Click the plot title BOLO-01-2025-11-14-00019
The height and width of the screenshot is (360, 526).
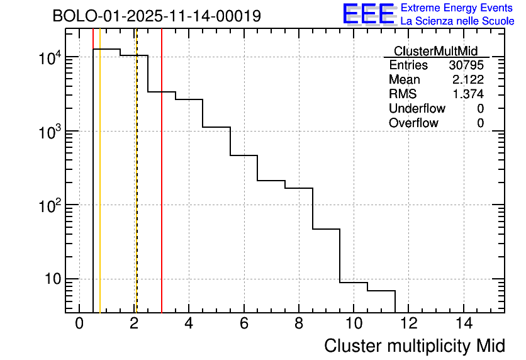pyautogui.click(x=157, y=16)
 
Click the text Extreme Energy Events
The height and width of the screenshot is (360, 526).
pyautogui.click(x=457, y=8)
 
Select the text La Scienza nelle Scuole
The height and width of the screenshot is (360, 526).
pyautogui.click(x=457, y=21)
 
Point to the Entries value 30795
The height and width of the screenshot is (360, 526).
pyautogui.click(x=466, y=65)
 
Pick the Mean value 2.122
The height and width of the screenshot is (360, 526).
pyautogui.click(x=468, y=80)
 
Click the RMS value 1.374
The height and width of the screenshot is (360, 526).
pyautogui.click(x=468, y=94)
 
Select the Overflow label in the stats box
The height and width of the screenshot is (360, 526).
pyautogui.click(x=413, y=123)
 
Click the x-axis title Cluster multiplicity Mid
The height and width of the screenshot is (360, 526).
pyautogui.click(x=415, y=346)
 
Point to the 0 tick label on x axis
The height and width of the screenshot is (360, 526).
pyautogui.click(x=79, y=323)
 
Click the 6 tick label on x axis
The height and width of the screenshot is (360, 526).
pyautogui.click(x=244, y=323)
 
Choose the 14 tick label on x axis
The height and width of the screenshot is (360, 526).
pyautogui.click(x=463, y=323)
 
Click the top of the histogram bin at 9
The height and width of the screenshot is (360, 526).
pyautogui.click(x=327, y=229)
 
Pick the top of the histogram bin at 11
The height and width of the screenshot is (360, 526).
pyautogui.click(x=381, y=291)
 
